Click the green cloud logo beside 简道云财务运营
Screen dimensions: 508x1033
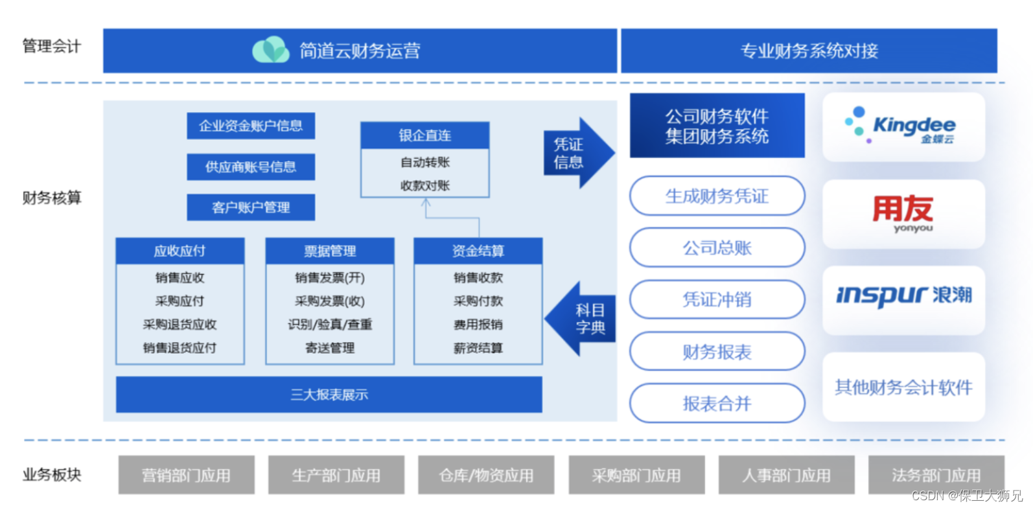tap(271, 50)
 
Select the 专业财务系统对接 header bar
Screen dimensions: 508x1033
tap(809, 51)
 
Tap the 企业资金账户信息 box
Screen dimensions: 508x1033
tap(251, 126)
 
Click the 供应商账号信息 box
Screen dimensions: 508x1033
tap(251, 167)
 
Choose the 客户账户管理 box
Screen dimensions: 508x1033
tap(251, 207)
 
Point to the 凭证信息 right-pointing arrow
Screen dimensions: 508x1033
tap(577, 154)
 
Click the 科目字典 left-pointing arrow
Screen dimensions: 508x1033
tap(581, 319)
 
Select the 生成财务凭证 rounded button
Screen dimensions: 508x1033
tap(717, 196)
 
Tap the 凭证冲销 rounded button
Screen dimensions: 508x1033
tap(717, 299)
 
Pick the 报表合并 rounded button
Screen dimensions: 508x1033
tap(717, 403)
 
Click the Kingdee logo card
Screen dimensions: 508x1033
tap(903, 127)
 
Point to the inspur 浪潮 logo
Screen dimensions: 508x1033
tap(903, 296)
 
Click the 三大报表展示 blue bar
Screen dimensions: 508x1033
tap(329, 395)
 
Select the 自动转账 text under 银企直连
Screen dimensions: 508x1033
tap(425, 162)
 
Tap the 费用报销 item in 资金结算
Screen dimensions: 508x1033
tap(478, 325)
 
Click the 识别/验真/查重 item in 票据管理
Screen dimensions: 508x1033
tap(330, 325)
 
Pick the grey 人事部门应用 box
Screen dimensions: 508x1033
tap(786, 475)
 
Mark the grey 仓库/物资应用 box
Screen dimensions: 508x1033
tap(486, 475)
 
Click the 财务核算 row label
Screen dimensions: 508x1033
tap(52, 198)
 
